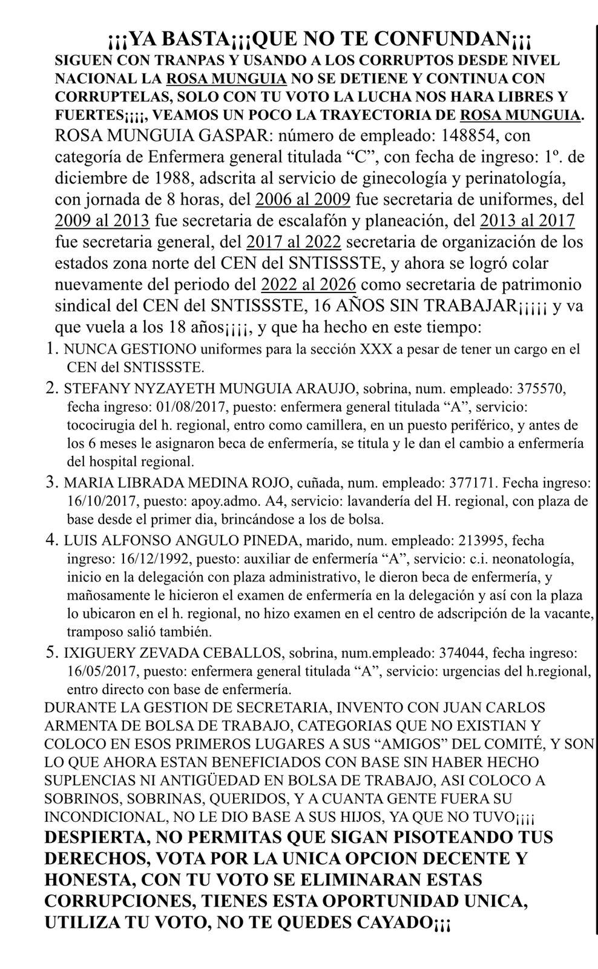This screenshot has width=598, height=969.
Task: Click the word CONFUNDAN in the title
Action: tap(447, 40)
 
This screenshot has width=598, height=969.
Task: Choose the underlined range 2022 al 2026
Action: tap(308, 285)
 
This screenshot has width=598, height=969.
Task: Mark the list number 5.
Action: tap(51, 652)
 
